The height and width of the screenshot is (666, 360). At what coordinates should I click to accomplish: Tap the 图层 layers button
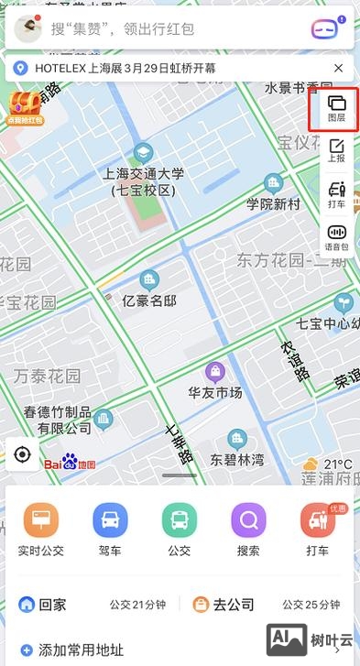336,110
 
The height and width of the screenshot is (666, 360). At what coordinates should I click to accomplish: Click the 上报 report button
336,151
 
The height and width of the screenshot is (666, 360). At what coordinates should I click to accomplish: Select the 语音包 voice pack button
336,238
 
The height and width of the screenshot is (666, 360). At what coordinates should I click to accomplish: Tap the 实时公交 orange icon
40,521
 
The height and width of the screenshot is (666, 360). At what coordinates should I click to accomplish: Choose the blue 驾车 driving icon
110,521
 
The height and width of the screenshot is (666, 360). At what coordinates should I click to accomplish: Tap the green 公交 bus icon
180,521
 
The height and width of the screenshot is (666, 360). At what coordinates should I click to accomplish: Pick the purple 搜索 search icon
248,521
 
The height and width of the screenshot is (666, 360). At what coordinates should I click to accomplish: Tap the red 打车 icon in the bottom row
318,521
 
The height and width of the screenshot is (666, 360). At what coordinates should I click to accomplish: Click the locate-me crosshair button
23,454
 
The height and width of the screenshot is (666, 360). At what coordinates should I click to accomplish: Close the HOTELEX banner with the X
339,68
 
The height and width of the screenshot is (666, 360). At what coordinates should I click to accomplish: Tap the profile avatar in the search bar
28,28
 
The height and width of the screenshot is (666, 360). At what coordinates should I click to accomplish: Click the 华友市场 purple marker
215,371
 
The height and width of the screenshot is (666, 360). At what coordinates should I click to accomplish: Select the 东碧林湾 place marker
237,440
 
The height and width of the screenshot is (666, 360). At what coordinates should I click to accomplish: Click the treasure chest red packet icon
25,105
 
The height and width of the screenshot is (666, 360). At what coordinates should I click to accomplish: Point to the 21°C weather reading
337,464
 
